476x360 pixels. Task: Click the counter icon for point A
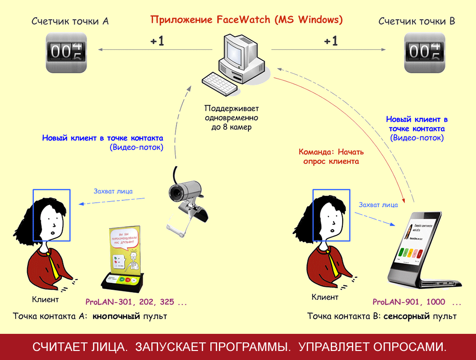coord(67,52)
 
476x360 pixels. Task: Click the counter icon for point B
coord(424,52)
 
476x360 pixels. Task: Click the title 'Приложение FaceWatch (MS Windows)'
coord(246,20)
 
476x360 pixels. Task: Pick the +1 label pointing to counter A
coord(157,41)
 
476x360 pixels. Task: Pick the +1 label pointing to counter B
coord(331,41)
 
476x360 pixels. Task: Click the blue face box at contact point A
coord(51,216)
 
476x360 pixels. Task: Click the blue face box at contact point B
coord(331,216)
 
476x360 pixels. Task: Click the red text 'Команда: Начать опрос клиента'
coord(331,156)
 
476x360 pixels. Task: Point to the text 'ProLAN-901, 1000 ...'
coord(417,302)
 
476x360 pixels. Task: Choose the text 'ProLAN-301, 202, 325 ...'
coord(136,302)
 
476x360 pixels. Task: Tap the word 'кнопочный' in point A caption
coord(116,316)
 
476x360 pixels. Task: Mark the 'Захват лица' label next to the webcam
coord(113,192)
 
